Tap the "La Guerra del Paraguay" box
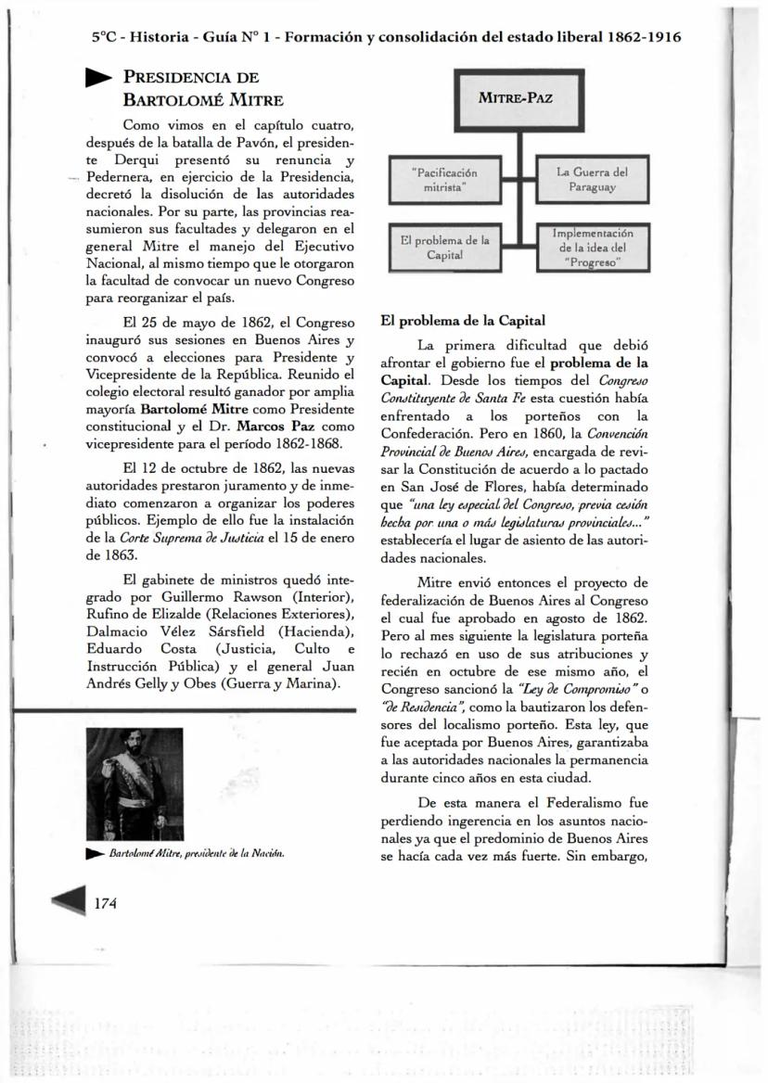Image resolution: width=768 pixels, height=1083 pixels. (x=592, y=180)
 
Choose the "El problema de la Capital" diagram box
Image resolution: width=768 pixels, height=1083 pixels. (x=443, y=248)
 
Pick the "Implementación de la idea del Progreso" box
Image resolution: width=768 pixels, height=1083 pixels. (x=592, y=248)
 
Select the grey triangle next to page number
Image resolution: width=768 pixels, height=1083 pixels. (x=66, y=903)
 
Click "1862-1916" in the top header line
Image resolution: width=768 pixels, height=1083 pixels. (x=646, y=37)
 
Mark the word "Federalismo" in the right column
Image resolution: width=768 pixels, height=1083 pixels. (x=583, y=802)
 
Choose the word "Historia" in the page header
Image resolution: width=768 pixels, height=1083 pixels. (x=159, y=37)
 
